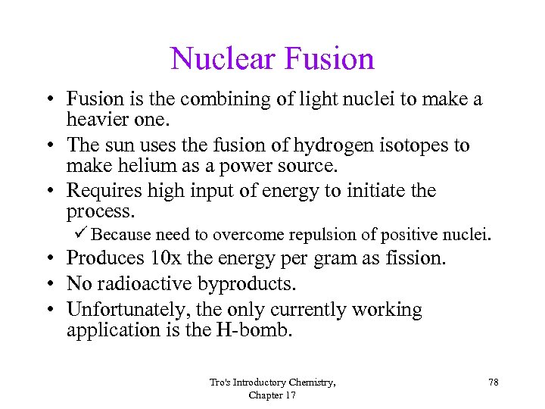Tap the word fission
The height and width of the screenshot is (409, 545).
pos(414,258)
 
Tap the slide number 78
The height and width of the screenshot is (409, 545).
pos(493,382)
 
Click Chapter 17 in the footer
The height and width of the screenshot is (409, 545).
pos(272,395)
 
